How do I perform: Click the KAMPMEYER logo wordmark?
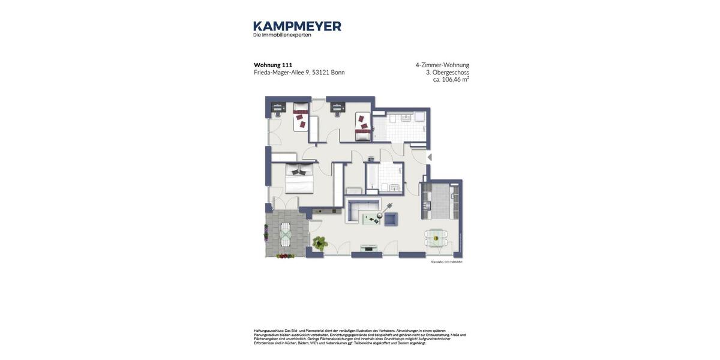[297, 26]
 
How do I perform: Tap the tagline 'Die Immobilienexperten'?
[282, 35]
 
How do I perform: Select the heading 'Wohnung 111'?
[273, 65]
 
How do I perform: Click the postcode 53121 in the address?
[320, 73]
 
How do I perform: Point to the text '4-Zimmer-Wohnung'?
[442, 65]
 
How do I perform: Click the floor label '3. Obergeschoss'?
[447, 73]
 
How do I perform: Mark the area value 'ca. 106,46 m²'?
[451, 80]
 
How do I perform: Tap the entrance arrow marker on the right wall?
[430, 157]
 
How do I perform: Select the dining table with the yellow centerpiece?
[436, 238]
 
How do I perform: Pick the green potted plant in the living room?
[320, 242]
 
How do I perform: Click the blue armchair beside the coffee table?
[391, 219]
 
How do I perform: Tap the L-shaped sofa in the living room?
[360, 210]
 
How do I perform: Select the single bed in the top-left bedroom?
[300, 116]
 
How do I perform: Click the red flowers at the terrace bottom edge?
[285, 256]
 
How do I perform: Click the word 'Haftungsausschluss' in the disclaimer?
[268, 331]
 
